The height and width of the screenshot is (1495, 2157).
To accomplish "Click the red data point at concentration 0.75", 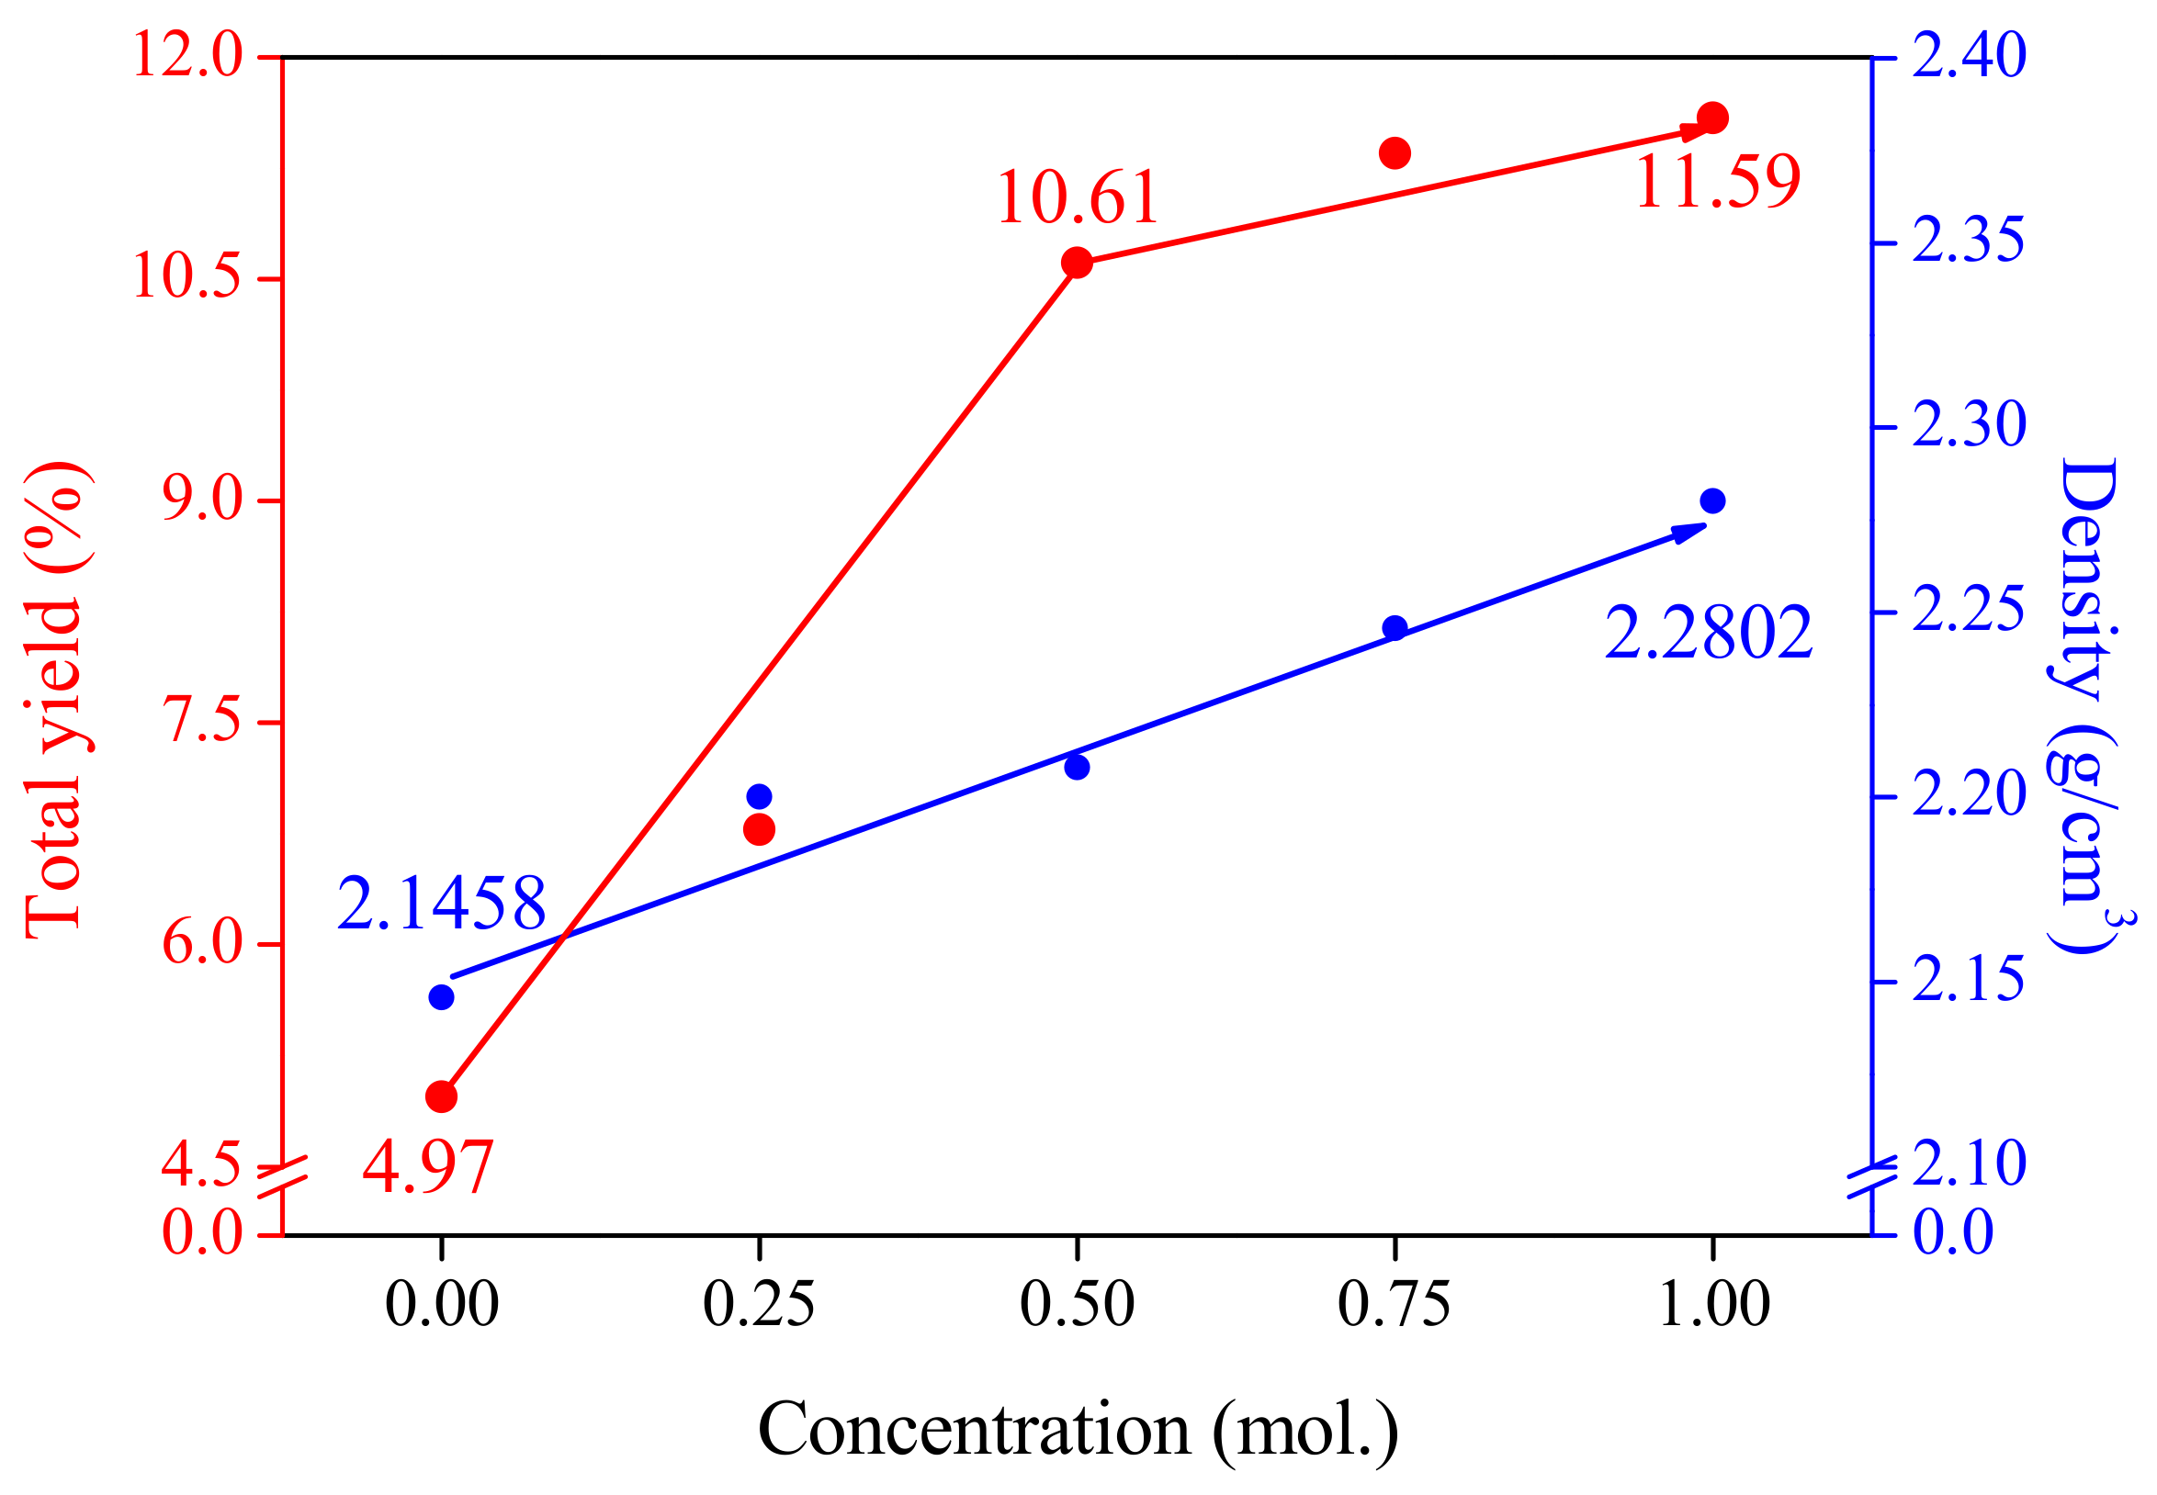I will pos(1395,152).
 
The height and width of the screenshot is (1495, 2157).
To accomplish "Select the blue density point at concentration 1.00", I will pos(1712,501).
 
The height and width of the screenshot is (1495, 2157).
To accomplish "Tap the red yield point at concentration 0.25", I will pos(759,829).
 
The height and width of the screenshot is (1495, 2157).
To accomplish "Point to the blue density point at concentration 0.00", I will pos(441,997).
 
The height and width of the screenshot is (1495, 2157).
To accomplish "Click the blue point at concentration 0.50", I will pos(1077,767).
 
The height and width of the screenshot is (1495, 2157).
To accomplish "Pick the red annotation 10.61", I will pos(1077,198).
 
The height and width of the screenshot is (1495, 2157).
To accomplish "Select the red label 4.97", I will pos(427,1168).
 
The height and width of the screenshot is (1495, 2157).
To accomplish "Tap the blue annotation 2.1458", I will pos(440,904).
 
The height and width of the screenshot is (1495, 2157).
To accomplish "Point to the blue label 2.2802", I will pos(1707,635).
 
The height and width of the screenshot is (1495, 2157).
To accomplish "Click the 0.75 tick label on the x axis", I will pos(1394,1304).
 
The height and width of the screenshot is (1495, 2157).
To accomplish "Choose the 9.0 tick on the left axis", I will pos(202,500).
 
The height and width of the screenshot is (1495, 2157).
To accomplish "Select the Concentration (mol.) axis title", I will pos(1078,1431).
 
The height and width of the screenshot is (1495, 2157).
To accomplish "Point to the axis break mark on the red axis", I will pos(282,1176).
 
